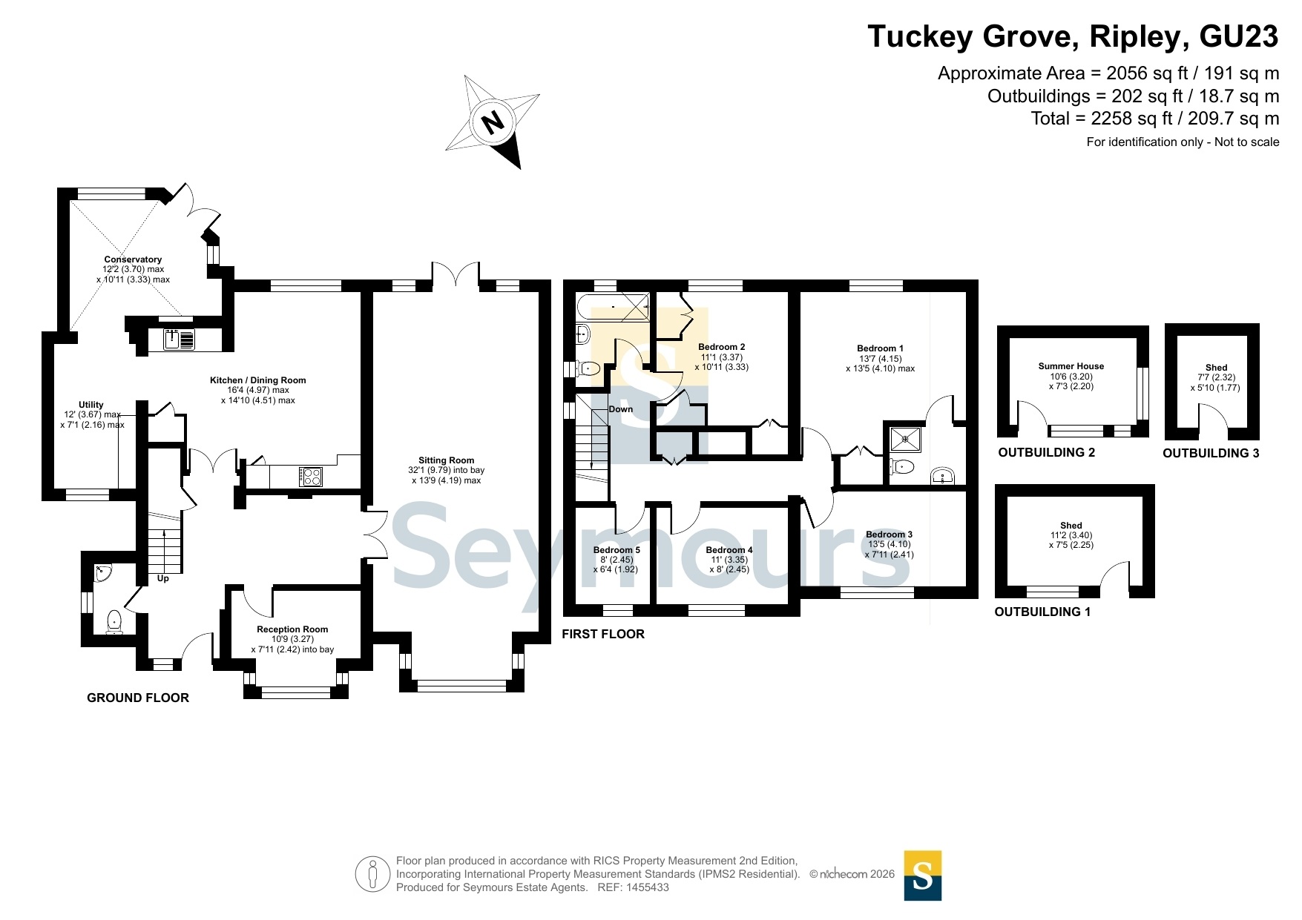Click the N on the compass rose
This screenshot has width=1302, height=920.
click(493, 121)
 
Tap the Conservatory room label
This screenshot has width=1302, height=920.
click(133, 259)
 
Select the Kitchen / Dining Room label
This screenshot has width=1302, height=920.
click(258, 380)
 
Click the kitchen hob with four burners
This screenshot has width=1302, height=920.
click(311, 476)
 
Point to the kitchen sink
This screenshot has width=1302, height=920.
click(179, 340)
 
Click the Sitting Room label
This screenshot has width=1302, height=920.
click(446, 460)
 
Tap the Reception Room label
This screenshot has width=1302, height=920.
click(292, 629)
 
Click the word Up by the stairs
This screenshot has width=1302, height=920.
click(163, 578)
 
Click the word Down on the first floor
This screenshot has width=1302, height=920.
click(621, 409)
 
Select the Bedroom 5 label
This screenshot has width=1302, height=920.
click(617, 550)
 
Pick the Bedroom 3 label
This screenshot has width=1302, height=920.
click(889, 535)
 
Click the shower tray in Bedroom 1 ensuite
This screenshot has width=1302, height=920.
click(905, 439)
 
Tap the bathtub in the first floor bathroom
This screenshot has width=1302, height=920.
click(614, 305)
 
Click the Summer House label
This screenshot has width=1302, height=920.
click(1071, 366)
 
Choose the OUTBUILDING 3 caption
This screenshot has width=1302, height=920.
click(1211, 453)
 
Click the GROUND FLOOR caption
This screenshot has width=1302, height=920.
click(138, 698)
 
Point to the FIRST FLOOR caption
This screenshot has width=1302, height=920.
click(603, 634)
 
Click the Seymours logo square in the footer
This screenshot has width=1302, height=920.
click(923, 876)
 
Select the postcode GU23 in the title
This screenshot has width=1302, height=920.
click(1239, 36)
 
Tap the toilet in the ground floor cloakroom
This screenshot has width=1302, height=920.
click(114, 621)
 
